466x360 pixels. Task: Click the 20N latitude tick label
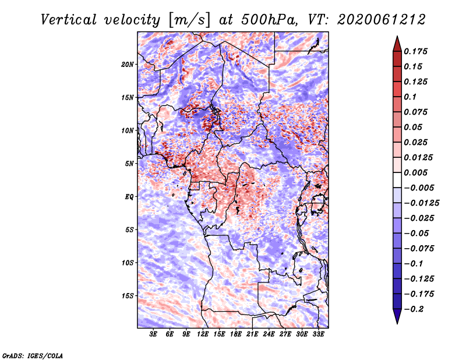(x=128, y=65)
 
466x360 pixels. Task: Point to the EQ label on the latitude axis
(x=129, y=197)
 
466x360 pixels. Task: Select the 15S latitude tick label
(x=128, y=296)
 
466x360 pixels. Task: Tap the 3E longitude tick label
(x=153, y=334)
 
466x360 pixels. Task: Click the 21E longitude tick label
(x=252, y=334)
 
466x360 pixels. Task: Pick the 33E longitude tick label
(x=318, y=334)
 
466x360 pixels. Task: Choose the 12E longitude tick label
(x=203, y=334)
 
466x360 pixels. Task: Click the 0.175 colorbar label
(x=416, y=51)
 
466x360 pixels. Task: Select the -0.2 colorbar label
(x=414, y=309)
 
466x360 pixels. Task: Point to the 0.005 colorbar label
(x=416, y=172)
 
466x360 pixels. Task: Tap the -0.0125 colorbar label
(x=421, y=203)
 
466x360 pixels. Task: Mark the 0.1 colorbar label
(x=410, y=97)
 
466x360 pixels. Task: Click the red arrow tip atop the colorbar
(x=397, y=37)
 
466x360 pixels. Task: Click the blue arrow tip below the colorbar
(x=397, y=323)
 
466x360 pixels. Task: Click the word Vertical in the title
(x=69, y=20)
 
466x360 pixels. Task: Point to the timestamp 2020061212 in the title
(x=382, y=20)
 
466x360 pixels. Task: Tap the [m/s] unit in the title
(x=189, y=20)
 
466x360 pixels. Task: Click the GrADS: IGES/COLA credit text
(x=33, y=356)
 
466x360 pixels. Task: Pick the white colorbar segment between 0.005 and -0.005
(x=397, y=180)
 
